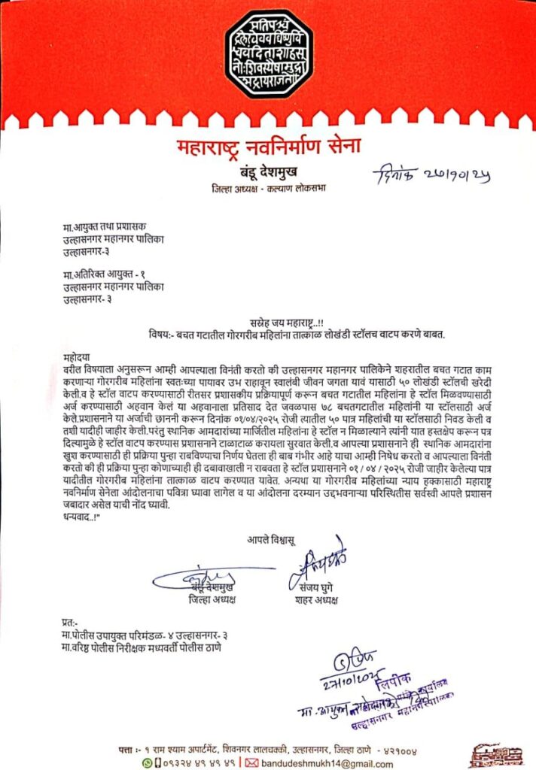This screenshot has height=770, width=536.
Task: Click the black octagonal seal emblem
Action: (268, 53)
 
